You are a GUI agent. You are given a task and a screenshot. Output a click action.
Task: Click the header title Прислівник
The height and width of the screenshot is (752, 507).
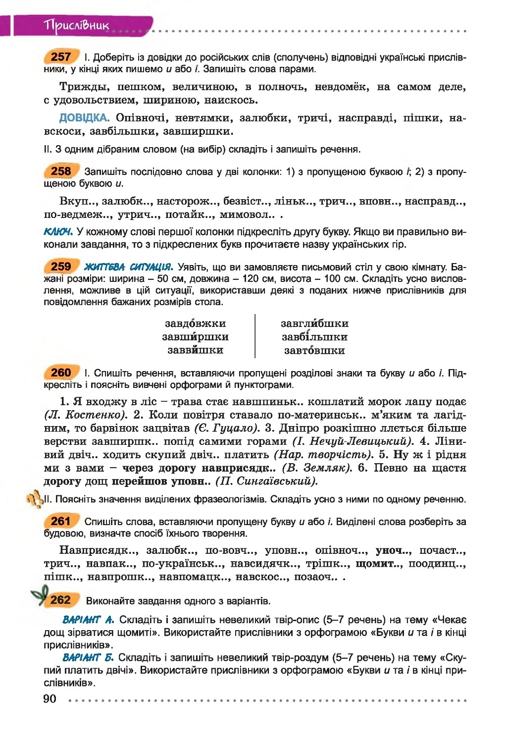[76, 25]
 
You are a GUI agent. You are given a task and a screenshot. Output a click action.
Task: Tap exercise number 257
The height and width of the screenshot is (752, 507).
[61, 57]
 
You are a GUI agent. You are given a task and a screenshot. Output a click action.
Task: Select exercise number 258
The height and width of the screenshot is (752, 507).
[61, 171]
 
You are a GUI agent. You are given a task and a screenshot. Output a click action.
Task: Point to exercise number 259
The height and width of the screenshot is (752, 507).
[61, 267]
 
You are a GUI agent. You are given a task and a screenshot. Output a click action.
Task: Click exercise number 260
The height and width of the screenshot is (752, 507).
[61, 373]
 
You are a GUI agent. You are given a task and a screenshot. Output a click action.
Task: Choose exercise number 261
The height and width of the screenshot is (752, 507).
[61, 521]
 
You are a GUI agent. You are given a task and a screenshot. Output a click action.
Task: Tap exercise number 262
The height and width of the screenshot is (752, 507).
[60, 600]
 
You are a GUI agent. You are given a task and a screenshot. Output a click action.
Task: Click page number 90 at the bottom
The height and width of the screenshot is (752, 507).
[50, 699]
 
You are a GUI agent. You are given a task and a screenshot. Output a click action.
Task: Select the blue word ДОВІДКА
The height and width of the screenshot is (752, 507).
[84, 118]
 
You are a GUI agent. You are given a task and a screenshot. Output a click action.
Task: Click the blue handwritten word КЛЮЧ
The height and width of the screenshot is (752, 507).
[58, 232]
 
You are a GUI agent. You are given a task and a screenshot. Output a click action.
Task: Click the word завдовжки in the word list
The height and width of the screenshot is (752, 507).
[195, 323]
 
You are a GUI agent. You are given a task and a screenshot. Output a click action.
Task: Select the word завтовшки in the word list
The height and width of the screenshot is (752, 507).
[314, 350]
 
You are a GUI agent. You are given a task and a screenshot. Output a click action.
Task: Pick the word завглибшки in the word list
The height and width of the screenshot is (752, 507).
[314, 323]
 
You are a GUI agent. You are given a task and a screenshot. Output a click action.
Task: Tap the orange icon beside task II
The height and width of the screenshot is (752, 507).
[35, 499]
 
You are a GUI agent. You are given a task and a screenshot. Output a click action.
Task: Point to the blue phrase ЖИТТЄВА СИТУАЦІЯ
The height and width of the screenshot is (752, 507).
[128, 267]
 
